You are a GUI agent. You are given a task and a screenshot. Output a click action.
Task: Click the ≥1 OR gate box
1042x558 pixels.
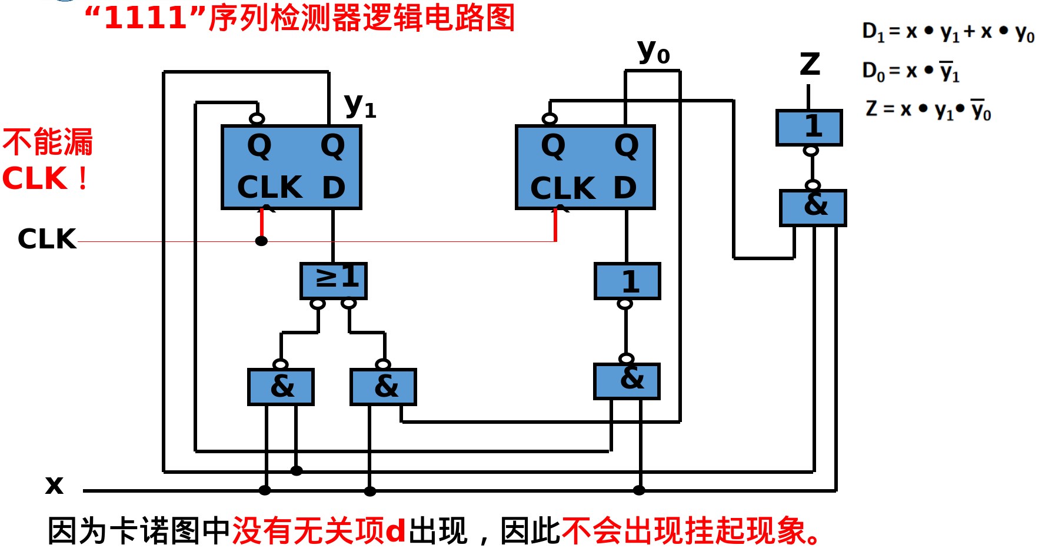334,280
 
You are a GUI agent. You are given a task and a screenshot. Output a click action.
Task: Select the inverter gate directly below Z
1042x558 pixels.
809,127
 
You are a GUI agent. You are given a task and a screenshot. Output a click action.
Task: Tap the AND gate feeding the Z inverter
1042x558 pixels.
813,207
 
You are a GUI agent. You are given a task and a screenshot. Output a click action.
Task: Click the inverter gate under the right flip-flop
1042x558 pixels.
627,281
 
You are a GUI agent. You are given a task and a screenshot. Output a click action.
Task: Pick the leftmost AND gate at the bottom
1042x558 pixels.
281,387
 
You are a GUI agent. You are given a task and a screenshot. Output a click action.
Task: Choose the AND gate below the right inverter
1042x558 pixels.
627,381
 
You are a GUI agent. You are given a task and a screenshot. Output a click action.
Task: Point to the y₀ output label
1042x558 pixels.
654,52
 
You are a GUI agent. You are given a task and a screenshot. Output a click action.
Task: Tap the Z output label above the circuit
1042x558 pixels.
810,64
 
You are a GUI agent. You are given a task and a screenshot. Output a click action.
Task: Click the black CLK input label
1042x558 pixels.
47,239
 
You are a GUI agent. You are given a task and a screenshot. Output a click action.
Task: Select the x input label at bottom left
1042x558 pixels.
54,484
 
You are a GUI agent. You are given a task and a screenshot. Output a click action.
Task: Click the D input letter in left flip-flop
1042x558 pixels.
334,188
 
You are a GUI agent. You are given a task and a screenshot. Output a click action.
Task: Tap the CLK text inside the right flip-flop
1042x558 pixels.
562,189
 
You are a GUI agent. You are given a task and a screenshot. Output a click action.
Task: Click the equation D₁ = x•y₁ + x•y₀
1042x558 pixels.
948,32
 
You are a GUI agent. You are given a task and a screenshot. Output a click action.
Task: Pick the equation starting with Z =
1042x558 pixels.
928,109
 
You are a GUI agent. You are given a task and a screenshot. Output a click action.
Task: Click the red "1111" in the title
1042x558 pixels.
145,18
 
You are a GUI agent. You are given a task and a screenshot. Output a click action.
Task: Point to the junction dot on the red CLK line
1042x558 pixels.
262,241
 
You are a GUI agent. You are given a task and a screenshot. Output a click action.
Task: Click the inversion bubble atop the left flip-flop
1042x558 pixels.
257,119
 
